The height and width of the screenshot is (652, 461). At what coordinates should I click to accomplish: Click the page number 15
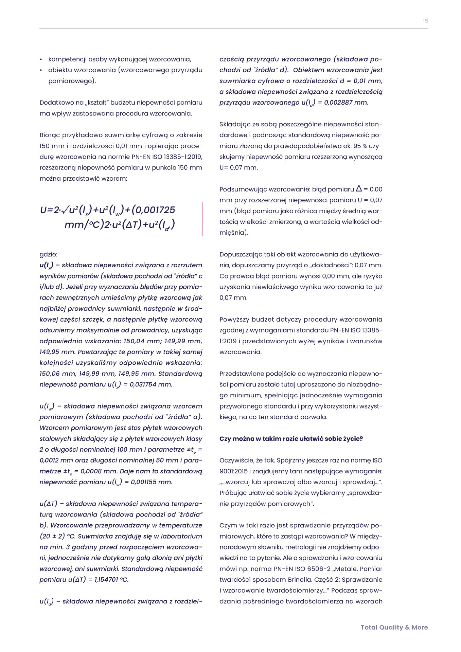[425, 21]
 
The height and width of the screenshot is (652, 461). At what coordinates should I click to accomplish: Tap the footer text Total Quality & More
[394, 627]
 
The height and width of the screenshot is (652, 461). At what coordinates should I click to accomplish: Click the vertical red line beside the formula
[202, 219]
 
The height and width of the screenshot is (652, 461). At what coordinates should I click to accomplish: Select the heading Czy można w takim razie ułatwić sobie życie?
[291, 439]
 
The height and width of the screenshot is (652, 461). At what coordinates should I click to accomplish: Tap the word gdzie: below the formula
[48, 254]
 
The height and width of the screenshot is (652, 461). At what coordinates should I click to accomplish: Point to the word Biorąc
[49, 135]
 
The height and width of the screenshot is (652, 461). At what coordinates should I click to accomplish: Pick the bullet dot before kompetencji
[41, 59]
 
